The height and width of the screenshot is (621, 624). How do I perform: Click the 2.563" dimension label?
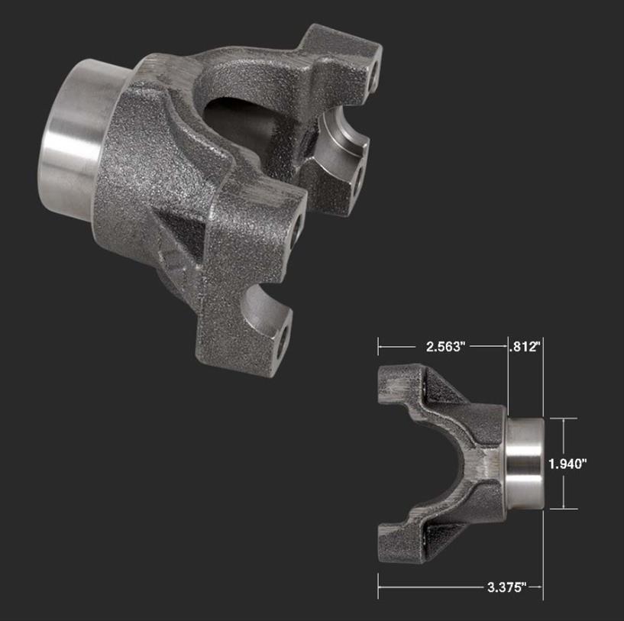click(445, 347)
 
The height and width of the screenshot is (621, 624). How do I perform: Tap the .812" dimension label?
click(525, 347)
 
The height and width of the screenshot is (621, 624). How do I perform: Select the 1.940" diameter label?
click(567, 463)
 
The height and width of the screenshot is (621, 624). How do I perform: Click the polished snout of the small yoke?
click(523, 463)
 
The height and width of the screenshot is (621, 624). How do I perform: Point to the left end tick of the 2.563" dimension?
click(379, 347)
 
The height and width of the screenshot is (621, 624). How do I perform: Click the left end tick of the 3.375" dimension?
click(379, 587)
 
